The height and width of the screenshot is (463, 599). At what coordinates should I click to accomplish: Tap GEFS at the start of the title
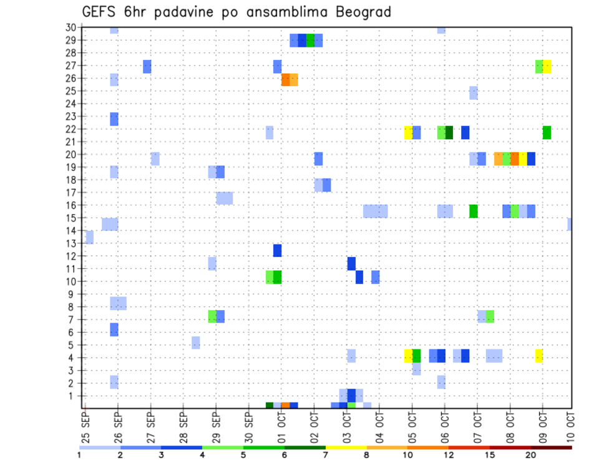coord(100,12)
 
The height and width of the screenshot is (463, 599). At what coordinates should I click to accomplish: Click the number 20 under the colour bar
coord(531,455)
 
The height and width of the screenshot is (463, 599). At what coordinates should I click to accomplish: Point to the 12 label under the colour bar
coord(450,455)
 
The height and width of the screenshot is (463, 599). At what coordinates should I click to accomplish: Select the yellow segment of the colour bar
coord(346,447)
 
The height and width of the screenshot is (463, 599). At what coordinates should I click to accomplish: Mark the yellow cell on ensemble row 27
coord(547,66)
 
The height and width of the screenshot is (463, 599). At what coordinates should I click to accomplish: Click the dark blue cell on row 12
coord(277,250)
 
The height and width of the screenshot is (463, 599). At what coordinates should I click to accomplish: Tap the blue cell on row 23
coord(114,119)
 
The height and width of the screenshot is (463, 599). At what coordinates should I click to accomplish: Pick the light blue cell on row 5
coord(196,343)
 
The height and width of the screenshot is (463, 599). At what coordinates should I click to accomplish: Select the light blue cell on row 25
coord(474,93)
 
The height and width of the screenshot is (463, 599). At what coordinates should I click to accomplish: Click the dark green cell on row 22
coord(449,132)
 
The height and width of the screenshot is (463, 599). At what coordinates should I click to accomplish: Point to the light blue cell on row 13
coord(89,237)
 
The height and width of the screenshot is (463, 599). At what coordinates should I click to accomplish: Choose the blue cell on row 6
coord(114,329)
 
